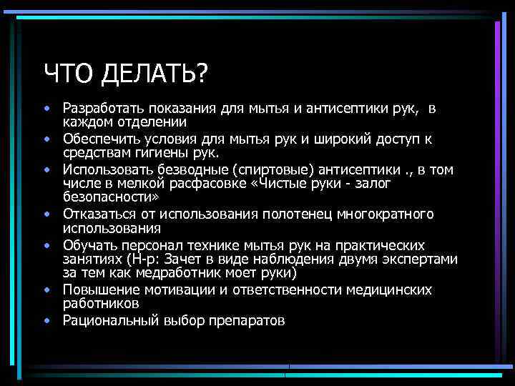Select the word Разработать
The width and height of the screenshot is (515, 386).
(x=104, y=109)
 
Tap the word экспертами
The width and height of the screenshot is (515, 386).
(x=419, y=259)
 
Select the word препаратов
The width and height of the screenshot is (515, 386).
(x=249, y=321)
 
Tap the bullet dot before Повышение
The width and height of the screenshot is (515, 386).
(x=46, y=290)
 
